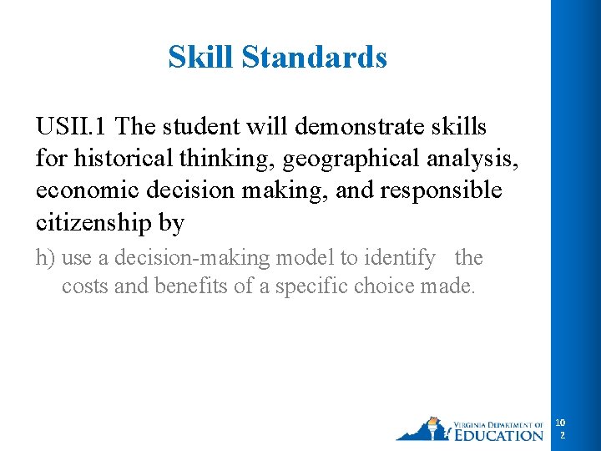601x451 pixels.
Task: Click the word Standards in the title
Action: click(x=314, y=58)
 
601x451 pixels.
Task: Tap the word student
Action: click(x=207, y=126)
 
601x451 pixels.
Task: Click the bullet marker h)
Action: click(x=45, y=258)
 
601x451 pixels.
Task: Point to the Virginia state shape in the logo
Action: click(x=422, y=430)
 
